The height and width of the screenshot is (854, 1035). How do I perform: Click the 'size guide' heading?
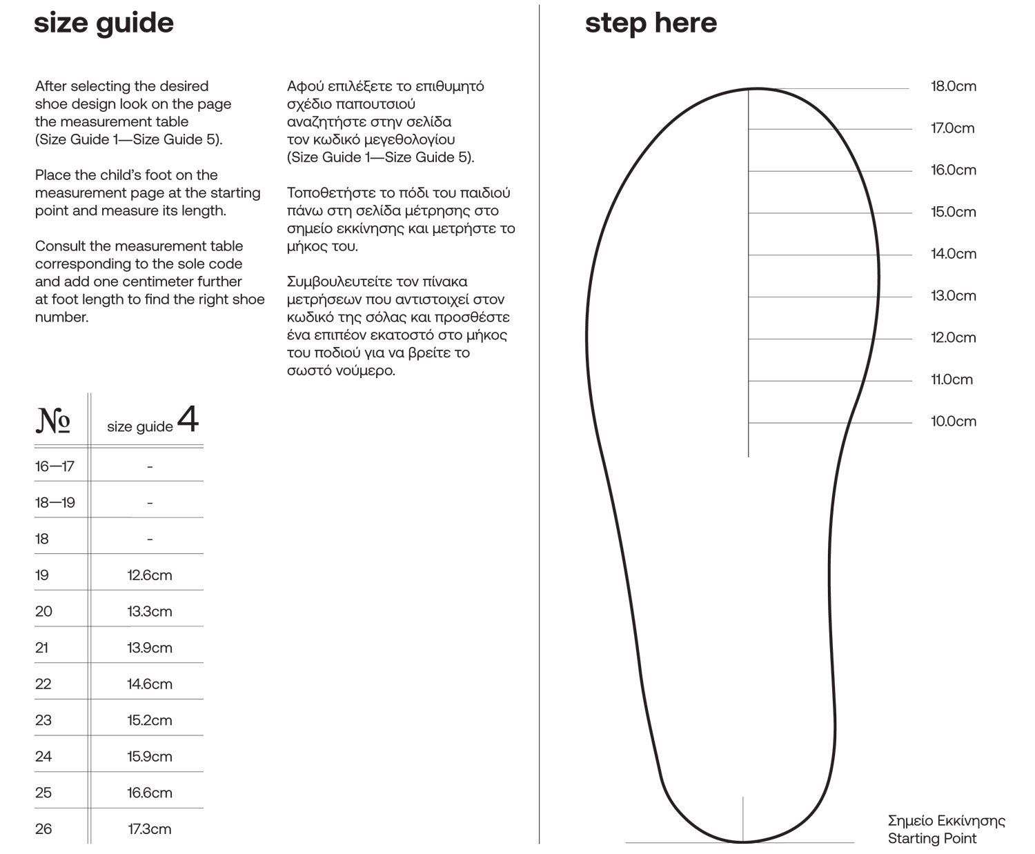(x=103, y=23)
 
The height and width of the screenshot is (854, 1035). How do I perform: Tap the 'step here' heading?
(x=651, y=23)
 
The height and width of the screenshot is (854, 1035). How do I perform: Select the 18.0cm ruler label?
(x=954, y=86)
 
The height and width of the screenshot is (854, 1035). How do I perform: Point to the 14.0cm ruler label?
(x=954, y=254)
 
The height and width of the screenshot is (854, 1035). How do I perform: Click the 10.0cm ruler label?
(x=954, y=421)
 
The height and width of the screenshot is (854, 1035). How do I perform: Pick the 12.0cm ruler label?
(x=954, y=338)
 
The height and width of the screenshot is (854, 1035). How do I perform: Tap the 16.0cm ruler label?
(x=954, y=170)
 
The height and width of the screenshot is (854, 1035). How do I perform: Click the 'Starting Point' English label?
(x=932, y=839)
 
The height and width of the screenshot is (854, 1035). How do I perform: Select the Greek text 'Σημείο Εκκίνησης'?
(x=946, y=821)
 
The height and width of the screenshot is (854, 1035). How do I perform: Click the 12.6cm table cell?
(x=150, y=575)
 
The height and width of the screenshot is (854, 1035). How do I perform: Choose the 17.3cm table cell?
(x=150, y=829)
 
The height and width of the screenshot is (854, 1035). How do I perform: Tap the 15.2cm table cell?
(x=150, y=720)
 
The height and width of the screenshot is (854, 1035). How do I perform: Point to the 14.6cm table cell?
(x=150, y=684)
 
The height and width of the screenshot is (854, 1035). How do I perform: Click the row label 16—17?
(x=55, y=466)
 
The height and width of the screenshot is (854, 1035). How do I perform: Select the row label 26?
(x=43, y=829)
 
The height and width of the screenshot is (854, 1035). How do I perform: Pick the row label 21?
(x=42, y=648)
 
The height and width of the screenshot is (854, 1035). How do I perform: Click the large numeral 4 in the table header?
(x=188, y=419)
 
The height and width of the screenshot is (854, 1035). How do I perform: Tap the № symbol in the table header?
(x=53, y=420)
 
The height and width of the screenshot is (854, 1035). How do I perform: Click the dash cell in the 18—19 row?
(x=150, y=503)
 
